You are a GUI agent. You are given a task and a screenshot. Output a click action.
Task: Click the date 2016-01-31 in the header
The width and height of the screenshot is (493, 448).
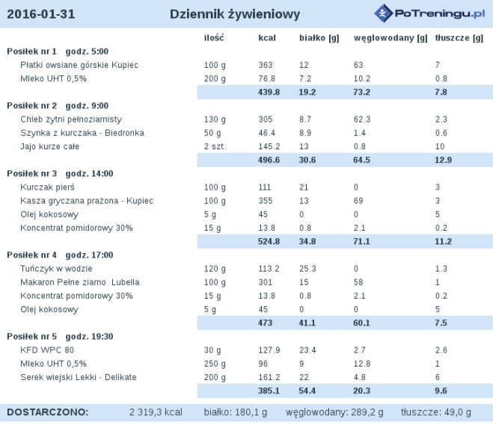[41, 14]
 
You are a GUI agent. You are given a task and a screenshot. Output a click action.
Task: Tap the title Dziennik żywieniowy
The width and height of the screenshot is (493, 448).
[235, 14]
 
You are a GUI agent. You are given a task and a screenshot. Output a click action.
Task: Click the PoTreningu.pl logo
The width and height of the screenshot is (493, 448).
[430, 13]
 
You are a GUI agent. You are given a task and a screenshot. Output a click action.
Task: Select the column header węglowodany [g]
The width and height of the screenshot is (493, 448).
[391, 38]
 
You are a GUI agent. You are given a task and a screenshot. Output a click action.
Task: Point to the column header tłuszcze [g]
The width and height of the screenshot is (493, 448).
[459, 38]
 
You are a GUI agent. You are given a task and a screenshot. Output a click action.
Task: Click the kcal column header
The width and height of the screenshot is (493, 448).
[267, 38]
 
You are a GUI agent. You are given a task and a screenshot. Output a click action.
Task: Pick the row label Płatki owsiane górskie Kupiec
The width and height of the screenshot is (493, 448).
[79, 65]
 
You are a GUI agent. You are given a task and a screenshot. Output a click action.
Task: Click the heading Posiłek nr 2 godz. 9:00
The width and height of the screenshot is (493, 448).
[58, 106]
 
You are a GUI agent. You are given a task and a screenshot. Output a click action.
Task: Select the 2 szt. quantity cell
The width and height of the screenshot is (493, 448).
[215, 146]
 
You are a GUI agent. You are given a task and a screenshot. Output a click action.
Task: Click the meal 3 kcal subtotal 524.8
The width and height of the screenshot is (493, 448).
[269, 242]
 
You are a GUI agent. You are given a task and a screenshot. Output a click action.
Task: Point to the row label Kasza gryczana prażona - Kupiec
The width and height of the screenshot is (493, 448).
[87, 201]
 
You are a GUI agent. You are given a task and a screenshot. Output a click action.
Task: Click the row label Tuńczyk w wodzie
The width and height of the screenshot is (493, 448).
[56, 269]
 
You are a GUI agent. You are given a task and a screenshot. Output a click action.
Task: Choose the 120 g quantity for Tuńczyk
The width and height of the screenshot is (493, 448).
[215, 269]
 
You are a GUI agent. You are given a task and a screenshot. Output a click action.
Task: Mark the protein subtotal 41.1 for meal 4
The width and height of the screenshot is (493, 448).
[307, 323]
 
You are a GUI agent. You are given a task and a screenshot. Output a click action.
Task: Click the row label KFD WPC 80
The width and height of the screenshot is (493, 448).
[47, 350]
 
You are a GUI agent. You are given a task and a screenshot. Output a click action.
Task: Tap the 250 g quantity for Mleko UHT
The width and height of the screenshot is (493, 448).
[215, 364]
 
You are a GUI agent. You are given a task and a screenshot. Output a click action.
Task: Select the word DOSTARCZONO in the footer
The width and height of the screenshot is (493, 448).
[47, 412]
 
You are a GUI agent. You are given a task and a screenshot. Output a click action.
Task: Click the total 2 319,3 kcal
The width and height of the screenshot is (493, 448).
[156, 412]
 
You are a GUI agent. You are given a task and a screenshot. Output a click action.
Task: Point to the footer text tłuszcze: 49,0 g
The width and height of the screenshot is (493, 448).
[436, 412]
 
